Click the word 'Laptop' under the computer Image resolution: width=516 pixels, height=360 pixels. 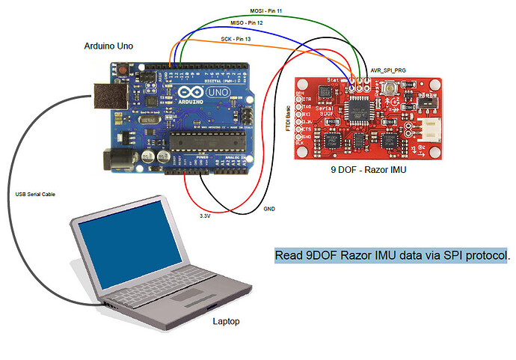(227, 321)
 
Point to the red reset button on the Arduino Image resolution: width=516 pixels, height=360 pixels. (121, 70)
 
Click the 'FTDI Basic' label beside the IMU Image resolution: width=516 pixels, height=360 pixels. (288, 118)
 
